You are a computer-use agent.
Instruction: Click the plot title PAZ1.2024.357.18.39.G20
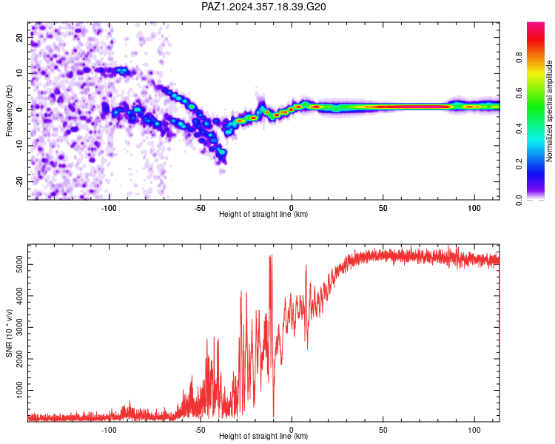point(263,7)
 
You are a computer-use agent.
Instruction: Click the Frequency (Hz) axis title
point(9,111)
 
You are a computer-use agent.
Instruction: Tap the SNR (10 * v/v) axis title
point(9,333)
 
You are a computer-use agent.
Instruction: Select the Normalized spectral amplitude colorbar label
point(549,111)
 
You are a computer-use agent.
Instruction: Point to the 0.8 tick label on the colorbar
point(519,57)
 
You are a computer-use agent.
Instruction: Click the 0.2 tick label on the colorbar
point(519,164)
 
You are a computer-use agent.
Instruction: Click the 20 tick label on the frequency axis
point(20,38)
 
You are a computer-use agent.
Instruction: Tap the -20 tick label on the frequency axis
point(20,182)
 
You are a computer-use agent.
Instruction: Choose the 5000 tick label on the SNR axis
point(20,264)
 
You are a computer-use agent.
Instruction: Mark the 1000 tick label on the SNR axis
point(20,390)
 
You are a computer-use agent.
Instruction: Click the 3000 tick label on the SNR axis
point(20,328)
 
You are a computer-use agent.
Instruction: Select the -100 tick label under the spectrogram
point(109,208)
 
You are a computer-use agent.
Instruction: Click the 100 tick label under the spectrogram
point(474,208)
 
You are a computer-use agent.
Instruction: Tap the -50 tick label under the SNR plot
point(200,430)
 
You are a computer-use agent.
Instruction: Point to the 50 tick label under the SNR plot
point(383,430)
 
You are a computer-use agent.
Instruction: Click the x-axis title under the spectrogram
point(263,214)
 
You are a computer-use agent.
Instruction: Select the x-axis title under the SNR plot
point(263,436)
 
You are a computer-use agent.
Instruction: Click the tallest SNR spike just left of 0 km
point(271,255)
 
